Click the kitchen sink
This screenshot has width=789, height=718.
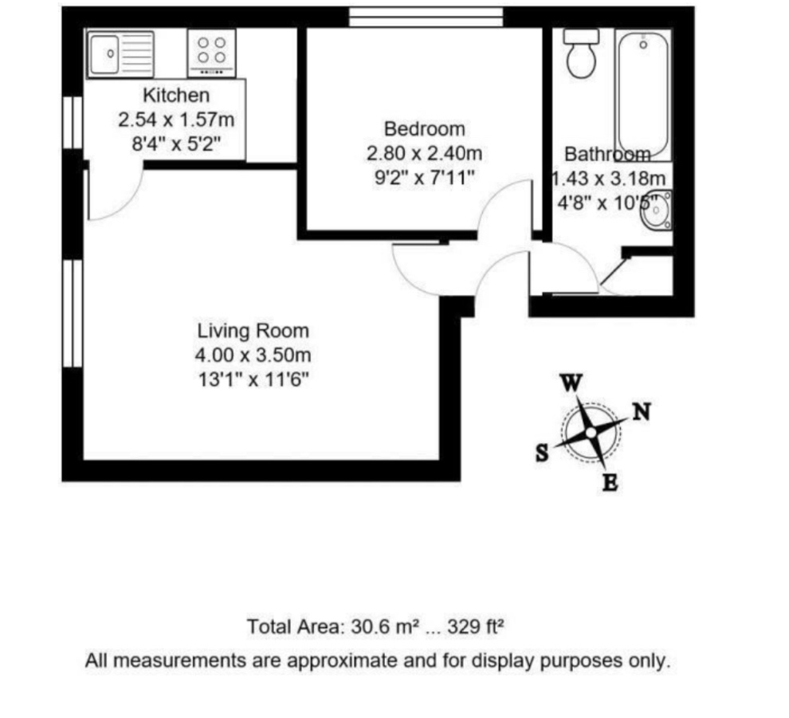click(x=120, y=54)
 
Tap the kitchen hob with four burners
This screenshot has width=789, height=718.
click(x=211, y=52)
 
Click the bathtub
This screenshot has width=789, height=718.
click(x=642, y=94)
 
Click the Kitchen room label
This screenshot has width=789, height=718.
click(x=176, y=96)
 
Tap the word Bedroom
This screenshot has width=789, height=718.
click(x=424, y=128)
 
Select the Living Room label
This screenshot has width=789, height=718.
click(x=253, y=331)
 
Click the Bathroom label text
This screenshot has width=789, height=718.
click(x=607, y=155)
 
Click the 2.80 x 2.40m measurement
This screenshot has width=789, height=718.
click(x=424, y=153)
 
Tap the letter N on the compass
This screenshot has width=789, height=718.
click(x=642, y=412)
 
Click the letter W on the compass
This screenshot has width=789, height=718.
click(x=571, y=383)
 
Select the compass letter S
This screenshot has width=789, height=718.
click(x=542, y=453)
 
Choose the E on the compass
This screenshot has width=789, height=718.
click(x=610, y=482)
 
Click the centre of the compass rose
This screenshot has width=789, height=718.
click(x=591, y=433)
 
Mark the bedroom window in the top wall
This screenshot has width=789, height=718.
click(x=426, y=16)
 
